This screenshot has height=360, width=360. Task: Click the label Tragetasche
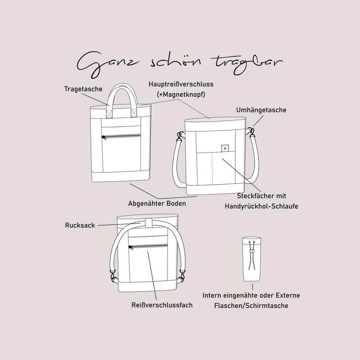pos(83,89)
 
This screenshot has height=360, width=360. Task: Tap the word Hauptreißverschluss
pos(181,84)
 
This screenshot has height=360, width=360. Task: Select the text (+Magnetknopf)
pos(181,94)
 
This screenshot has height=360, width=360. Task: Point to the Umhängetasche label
pos(261,110)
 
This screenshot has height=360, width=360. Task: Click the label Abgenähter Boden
pos(157,203)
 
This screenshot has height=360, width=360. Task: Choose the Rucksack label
pos(80,225)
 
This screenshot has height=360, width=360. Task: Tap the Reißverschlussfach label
pos(162,305)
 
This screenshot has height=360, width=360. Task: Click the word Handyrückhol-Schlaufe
pos(261,206)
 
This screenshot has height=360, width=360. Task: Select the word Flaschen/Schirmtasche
pos(251,306)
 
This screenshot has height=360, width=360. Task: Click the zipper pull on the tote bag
pos(104,137)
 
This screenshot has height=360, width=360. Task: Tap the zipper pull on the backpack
pos(131,247)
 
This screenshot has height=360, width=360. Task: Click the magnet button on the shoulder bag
pos(225,148)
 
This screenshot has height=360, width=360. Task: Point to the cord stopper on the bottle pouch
pos(252,252)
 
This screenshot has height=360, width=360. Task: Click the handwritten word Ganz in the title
pos(108,63)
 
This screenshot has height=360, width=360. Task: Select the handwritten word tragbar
pos(247,64)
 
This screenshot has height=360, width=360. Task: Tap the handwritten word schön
pos(175,61)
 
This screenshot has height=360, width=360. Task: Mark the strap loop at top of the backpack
pos(149,224)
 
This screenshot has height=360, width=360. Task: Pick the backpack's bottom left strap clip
pos(113,276)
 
